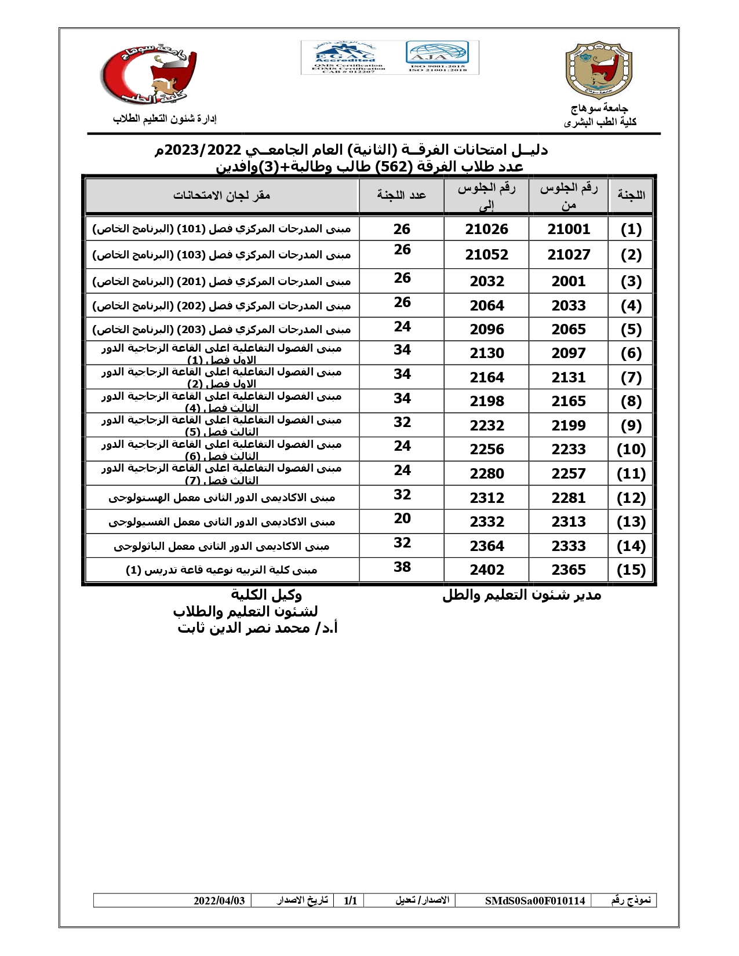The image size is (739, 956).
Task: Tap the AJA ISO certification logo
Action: click(437, 57)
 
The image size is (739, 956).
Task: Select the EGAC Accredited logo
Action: click(345, 57)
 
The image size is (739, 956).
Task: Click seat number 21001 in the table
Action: click(569, 229)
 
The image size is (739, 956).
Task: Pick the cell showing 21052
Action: click(486, 255)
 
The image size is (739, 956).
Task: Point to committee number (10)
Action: click(631, 450)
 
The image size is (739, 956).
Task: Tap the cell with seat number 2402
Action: click(487, 570)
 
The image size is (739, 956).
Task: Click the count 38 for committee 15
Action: click(402, 567)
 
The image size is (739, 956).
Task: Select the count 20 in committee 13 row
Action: click(402, 519)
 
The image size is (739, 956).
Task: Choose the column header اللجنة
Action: click(631, 195)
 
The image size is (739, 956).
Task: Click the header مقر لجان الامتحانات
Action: click(221, 195)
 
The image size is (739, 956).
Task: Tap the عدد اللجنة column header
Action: click(401, 195)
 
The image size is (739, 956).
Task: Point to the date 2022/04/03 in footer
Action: click(219, 901)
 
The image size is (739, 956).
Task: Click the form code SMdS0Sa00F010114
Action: click(534, 901)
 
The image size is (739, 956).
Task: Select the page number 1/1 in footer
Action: click(350, 901)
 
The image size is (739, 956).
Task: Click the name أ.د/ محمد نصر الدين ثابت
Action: click(257, 629)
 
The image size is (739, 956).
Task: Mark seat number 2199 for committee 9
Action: click(569, 426)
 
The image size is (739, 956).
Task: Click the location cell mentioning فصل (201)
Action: click(221, 282)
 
